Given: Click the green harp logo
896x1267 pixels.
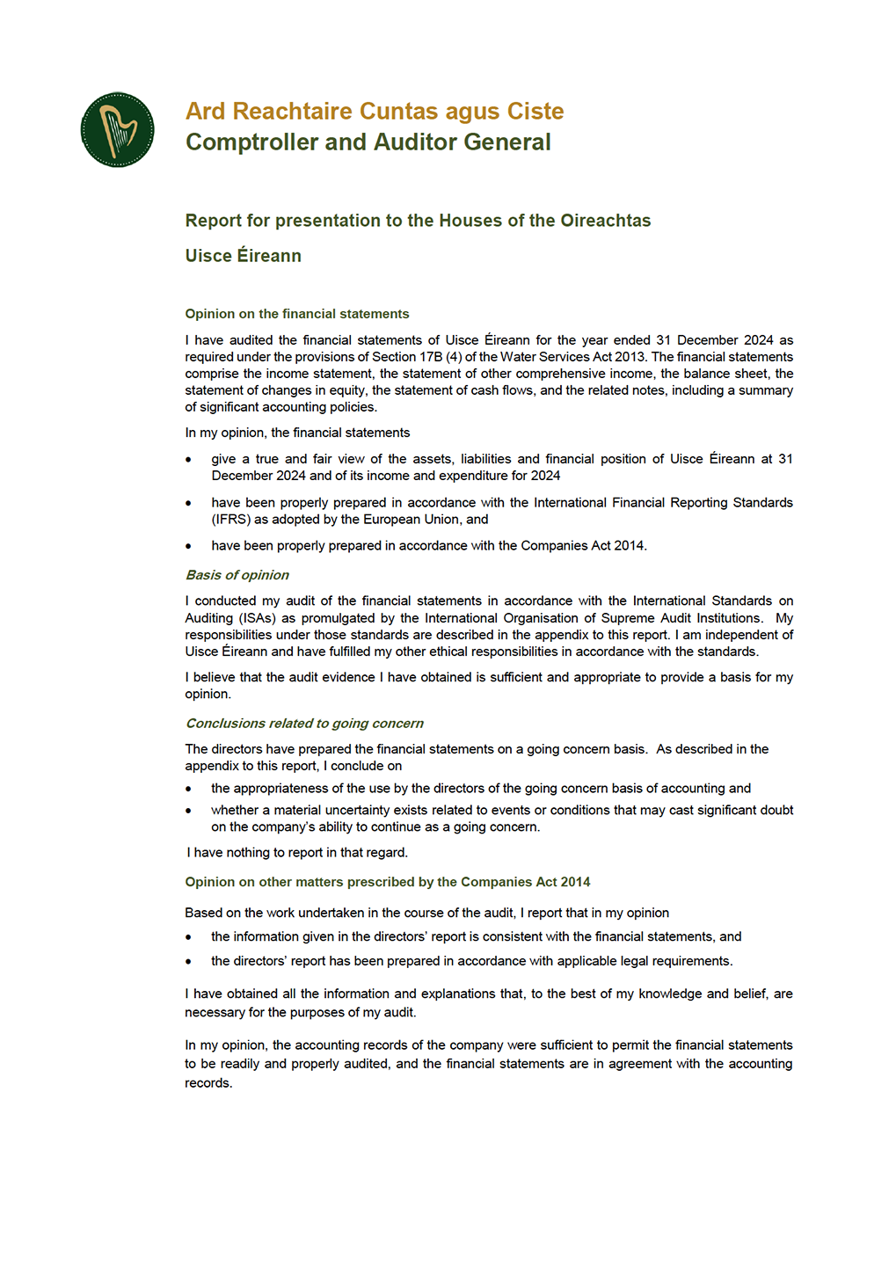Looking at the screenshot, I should click(117, 130).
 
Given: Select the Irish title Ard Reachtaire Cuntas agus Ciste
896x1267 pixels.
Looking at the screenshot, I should click(374, 112).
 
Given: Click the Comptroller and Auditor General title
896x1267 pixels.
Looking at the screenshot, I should click(368, 142).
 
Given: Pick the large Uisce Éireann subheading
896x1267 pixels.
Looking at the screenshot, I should click(243, 256).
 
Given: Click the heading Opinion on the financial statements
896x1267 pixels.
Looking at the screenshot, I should click(296, 314).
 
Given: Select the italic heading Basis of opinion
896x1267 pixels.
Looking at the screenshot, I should click(237, 575).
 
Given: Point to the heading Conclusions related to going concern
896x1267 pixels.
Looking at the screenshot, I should click(303, 724).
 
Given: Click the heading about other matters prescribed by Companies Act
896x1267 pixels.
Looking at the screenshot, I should click(387, 882).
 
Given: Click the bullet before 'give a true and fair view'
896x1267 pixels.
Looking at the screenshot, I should click(188, 460).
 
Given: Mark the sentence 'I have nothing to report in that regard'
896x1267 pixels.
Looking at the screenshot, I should click(297, 853).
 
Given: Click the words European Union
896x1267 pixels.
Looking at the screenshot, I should click(412, 520).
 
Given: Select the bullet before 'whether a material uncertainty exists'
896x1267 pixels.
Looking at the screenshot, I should click(188, 811).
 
